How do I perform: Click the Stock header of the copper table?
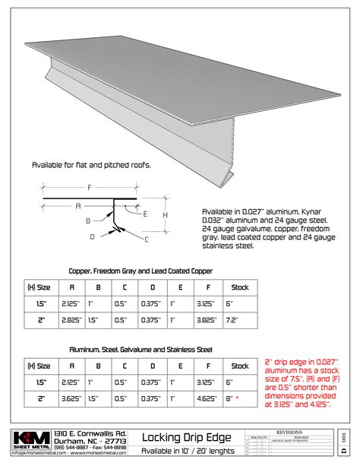click(241, 288)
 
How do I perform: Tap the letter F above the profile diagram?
click(90, 186)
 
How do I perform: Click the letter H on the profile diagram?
click(166, 215)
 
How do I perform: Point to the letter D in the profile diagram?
click(92, 236)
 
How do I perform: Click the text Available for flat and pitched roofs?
click(90, 165)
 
